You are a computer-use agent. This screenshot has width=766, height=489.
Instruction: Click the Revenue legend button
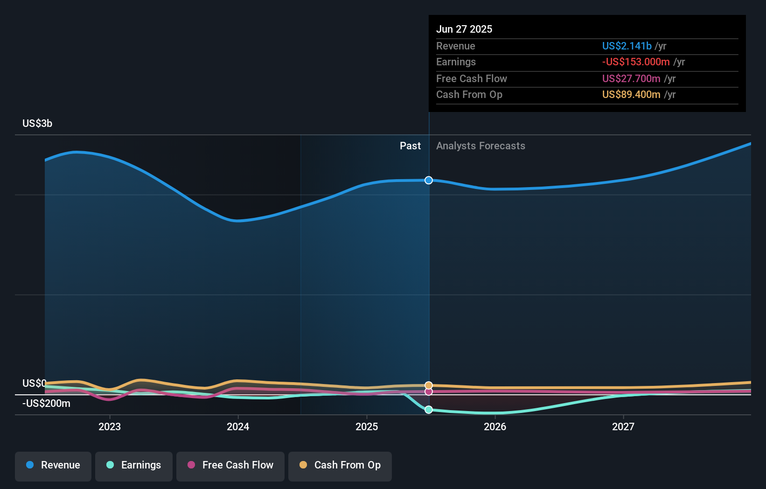coord(53,465)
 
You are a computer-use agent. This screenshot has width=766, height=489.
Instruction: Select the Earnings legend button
coord(134,465)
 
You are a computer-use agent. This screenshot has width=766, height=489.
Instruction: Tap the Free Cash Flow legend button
coord(230,465)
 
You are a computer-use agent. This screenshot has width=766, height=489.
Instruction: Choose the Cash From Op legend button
coord(340,465)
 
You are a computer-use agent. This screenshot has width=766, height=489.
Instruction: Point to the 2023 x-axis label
coord(110,426)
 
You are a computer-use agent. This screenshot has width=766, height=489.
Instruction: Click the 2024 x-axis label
coord(238,426)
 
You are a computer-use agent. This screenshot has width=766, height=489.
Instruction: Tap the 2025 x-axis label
coord(367,426)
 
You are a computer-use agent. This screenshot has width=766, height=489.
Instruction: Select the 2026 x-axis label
coord(495,426)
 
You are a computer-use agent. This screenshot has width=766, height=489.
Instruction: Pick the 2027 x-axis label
coord(623,426)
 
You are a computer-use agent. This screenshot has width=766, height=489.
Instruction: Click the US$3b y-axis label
coord(37,123)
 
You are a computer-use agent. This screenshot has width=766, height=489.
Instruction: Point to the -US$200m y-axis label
coord(46,403)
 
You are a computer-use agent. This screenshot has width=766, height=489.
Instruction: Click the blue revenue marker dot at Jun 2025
coord(429,180)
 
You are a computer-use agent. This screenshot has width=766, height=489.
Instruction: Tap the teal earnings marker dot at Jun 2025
coord(429,410)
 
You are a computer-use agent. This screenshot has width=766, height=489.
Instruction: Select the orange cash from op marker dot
coord(429,385)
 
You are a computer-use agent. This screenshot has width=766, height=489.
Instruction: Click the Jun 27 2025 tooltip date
coord(464,29)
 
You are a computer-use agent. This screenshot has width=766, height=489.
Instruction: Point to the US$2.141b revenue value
coord(627,46)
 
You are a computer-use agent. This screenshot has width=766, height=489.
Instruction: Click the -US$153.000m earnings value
coord(636,62)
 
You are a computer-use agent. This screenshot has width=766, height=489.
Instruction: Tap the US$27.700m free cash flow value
coord(631,78)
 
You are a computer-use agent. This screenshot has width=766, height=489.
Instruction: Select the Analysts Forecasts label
coord(480,146)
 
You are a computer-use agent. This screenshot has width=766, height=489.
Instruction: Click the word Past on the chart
coord(410,146)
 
